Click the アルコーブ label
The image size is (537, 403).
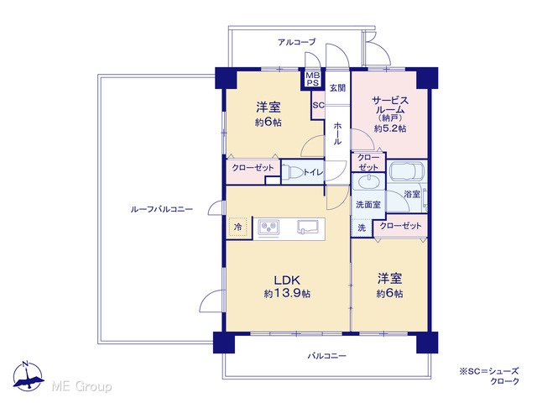pos(296,42)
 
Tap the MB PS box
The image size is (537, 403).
pos(312,79)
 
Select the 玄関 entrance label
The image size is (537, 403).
pos(337,88)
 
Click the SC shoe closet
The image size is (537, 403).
pos(318,105)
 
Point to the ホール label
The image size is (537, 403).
pos(337,133)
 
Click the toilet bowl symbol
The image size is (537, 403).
pos(292,172)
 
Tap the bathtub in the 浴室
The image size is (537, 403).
pos(407,171)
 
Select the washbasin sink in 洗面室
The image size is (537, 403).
pos(369,181)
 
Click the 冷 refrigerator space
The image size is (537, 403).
pos(238,227)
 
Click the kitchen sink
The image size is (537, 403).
pos(308,227)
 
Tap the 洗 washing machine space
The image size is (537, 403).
pos(362,228)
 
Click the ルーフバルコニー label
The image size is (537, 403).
pos(162,209)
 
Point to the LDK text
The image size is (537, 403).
pos(287,280)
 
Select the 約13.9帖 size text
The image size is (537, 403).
pos(287,293)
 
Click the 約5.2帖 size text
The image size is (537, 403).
pos(390,128)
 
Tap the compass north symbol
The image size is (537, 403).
pos(29,376)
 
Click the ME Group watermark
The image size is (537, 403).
pos(81,387)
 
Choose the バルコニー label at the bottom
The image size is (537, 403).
pos(326,356)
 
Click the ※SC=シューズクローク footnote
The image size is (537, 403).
pos(489,376)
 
